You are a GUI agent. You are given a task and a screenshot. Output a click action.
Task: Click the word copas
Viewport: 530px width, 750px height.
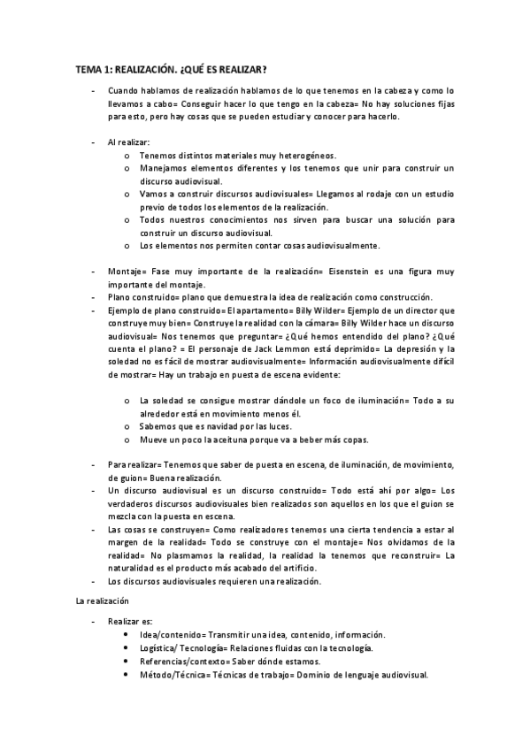pos(357,440)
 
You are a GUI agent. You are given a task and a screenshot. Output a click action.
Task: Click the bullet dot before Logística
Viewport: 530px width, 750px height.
pos(129,648)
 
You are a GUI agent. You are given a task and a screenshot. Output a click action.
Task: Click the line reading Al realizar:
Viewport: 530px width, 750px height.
pos(128,142)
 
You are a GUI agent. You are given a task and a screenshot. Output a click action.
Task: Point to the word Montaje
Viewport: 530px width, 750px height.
pos(125,272)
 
